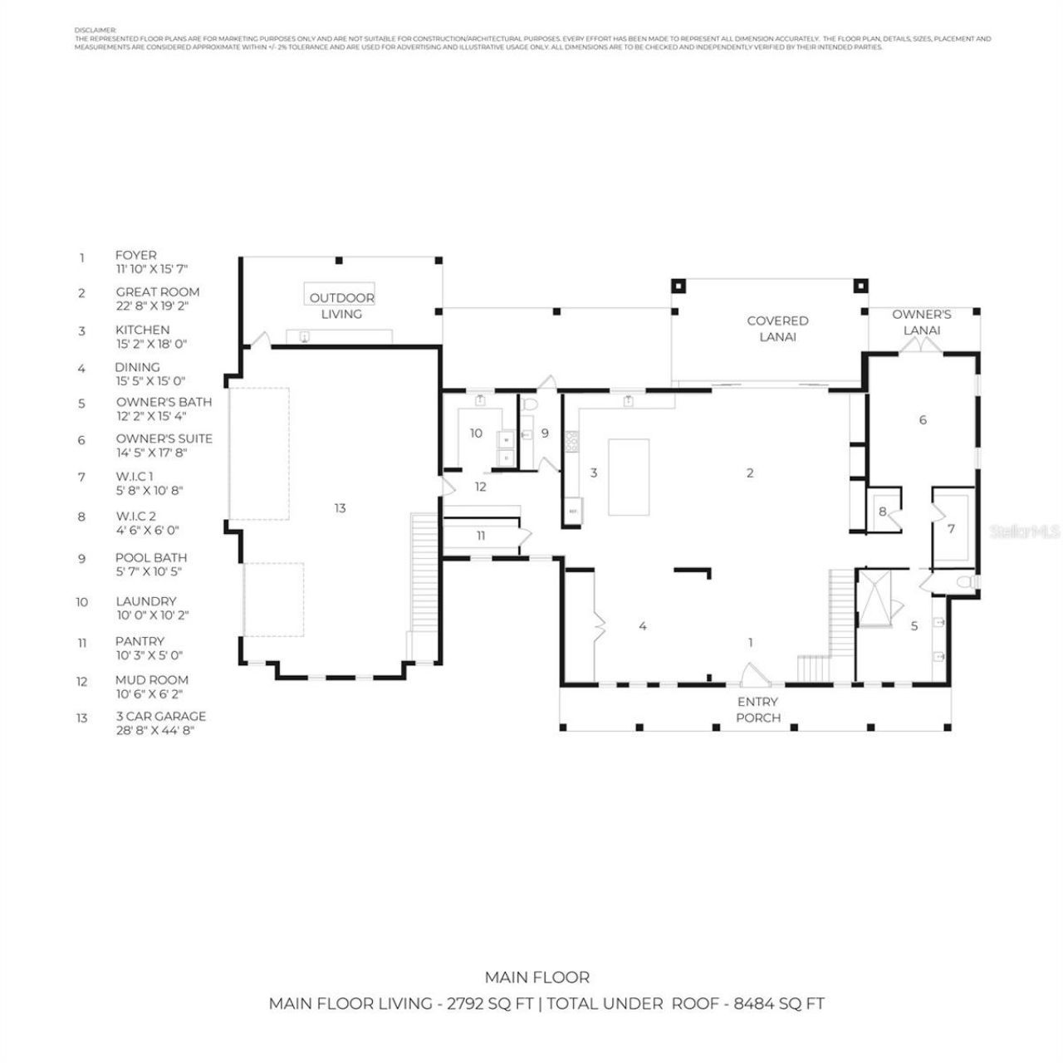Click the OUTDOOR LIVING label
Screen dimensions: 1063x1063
[x=341, y=306]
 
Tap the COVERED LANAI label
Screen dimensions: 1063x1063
[x=777, y=329]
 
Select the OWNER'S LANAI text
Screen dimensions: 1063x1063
[x=921, y=322]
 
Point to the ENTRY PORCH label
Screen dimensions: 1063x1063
[x=757, y=710]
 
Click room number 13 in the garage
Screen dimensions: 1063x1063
[x=340, y=508]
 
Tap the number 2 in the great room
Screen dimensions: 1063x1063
[x=750, y=473]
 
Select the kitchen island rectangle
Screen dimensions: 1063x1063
[x=629, y=478]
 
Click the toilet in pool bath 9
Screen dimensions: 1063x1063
[x=531, y=404]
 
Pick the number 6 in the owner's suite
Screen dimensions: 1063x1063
[x=923, y=420]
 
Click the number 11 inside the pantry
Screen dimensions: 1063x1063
[x=481, y=536]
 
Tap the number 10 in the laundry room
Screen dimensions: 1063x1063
[x=476, y=434]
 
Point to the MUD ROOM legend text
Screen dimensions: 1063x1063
[x=152, y=680]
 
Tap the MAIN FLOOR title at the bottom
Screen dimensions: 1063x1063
[x=537, y=977]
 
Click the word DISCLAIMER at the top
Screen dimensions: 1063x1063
[x=96, y=29]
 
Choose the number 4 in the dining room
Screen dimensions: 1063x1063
[x=643, y=626]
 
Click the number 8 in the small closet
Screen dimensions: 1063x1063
[x=882, y=512]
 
